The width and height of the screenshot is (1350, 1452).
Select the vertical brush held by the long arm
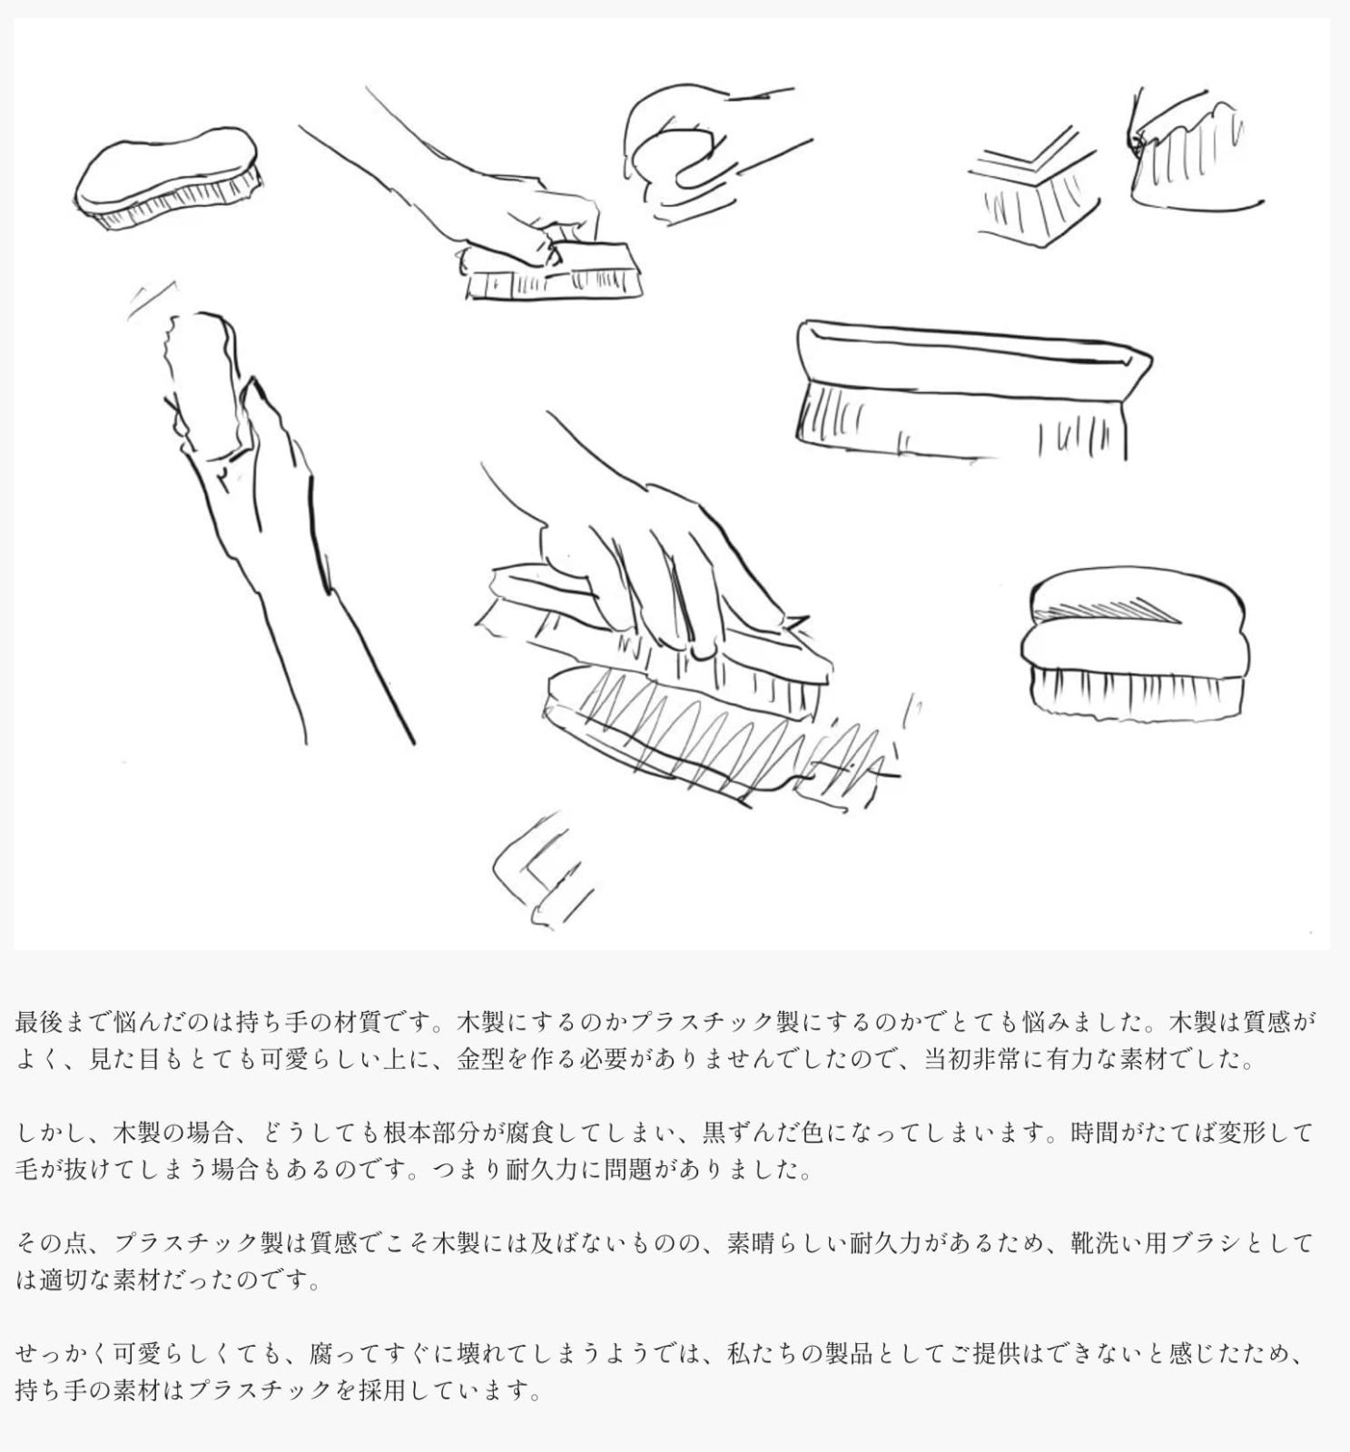point(204,381)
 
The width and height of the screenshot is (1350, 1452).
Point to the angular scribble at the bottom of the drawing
point(540,871)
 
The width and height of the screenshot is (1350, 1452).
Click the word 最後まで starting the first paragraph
point(64,1022)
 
